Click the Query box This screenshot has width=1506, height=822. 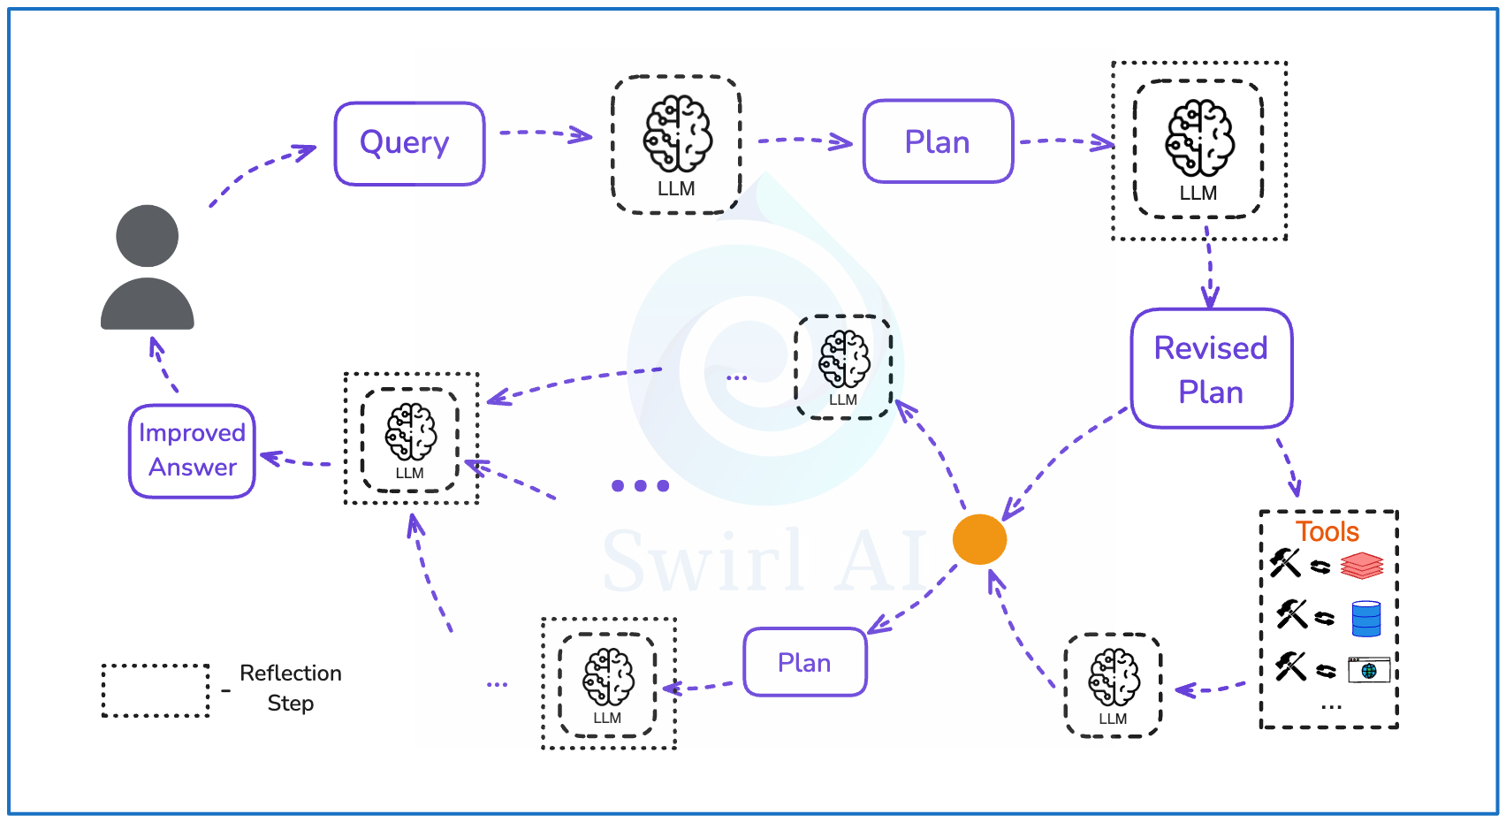(x=409, y=143)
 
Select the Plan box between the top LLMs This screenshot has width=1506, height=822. (x=938, y=141)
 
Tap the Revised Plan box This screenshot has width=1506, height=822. (x=1211, y=369)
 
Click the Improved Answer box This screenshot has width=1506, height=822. (x=192, y=451)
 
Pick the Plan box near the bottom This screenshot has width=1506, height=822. (x=804, y=662)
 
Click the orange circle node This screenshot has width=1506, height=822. (x=979, y=539)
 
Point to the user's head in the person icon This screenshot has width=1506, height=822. (x=148, y=236)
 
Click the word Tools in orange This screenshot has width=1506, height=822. (x=1327, y=531)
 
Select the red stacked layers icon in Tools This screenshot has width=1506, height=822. (x=1361, y=566)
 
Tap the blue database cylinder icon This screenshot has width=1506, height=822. (x=1365, y=619)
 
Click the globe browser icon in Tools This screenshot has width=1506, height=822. (x=1368, y=671)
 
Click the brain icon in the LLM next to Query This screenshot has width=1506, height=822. (x=677, y=133)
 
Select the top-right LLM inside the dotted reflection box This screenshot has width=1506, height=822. (x=1198, y=149)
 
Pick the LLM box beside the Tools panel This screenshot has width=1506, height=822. (x=1113, y=685)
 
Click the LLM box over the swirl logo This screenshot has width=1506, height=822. (x=843, y=367)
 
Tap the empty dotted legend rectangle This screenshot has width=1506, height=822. (x=156, y=690)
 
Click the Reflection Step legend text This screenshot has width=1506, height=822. (x=290, y=688)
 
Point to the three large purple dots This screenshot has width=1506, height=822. (x=640, y=485)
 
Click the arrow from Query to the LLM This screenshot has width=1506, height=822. (x=545, y=133)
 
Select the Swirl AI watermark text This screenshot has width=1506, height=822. (x=764, y=562)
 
